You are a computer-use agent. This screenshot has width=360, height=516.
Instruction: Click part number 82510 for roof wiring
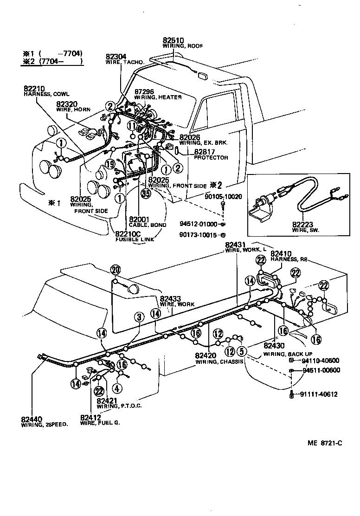174,40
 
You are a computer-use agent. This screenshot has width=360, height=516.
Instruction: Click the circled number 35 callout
146,194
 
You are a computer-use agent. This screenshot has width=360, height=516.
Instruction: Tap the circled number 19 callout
109,164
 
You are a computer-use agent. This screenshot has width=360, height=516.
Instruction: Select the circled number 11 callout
132,125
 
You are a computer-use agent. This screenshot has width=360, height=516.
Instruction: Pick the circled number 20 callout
116,270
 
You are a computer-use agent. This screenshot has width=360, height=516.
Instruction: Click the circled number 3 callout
138,317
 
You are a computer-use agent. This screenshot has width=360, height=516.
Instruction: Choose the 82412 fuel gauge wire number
91,417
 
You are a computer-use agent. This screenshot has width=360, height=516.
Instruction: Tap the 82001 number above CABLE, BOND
139,219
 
